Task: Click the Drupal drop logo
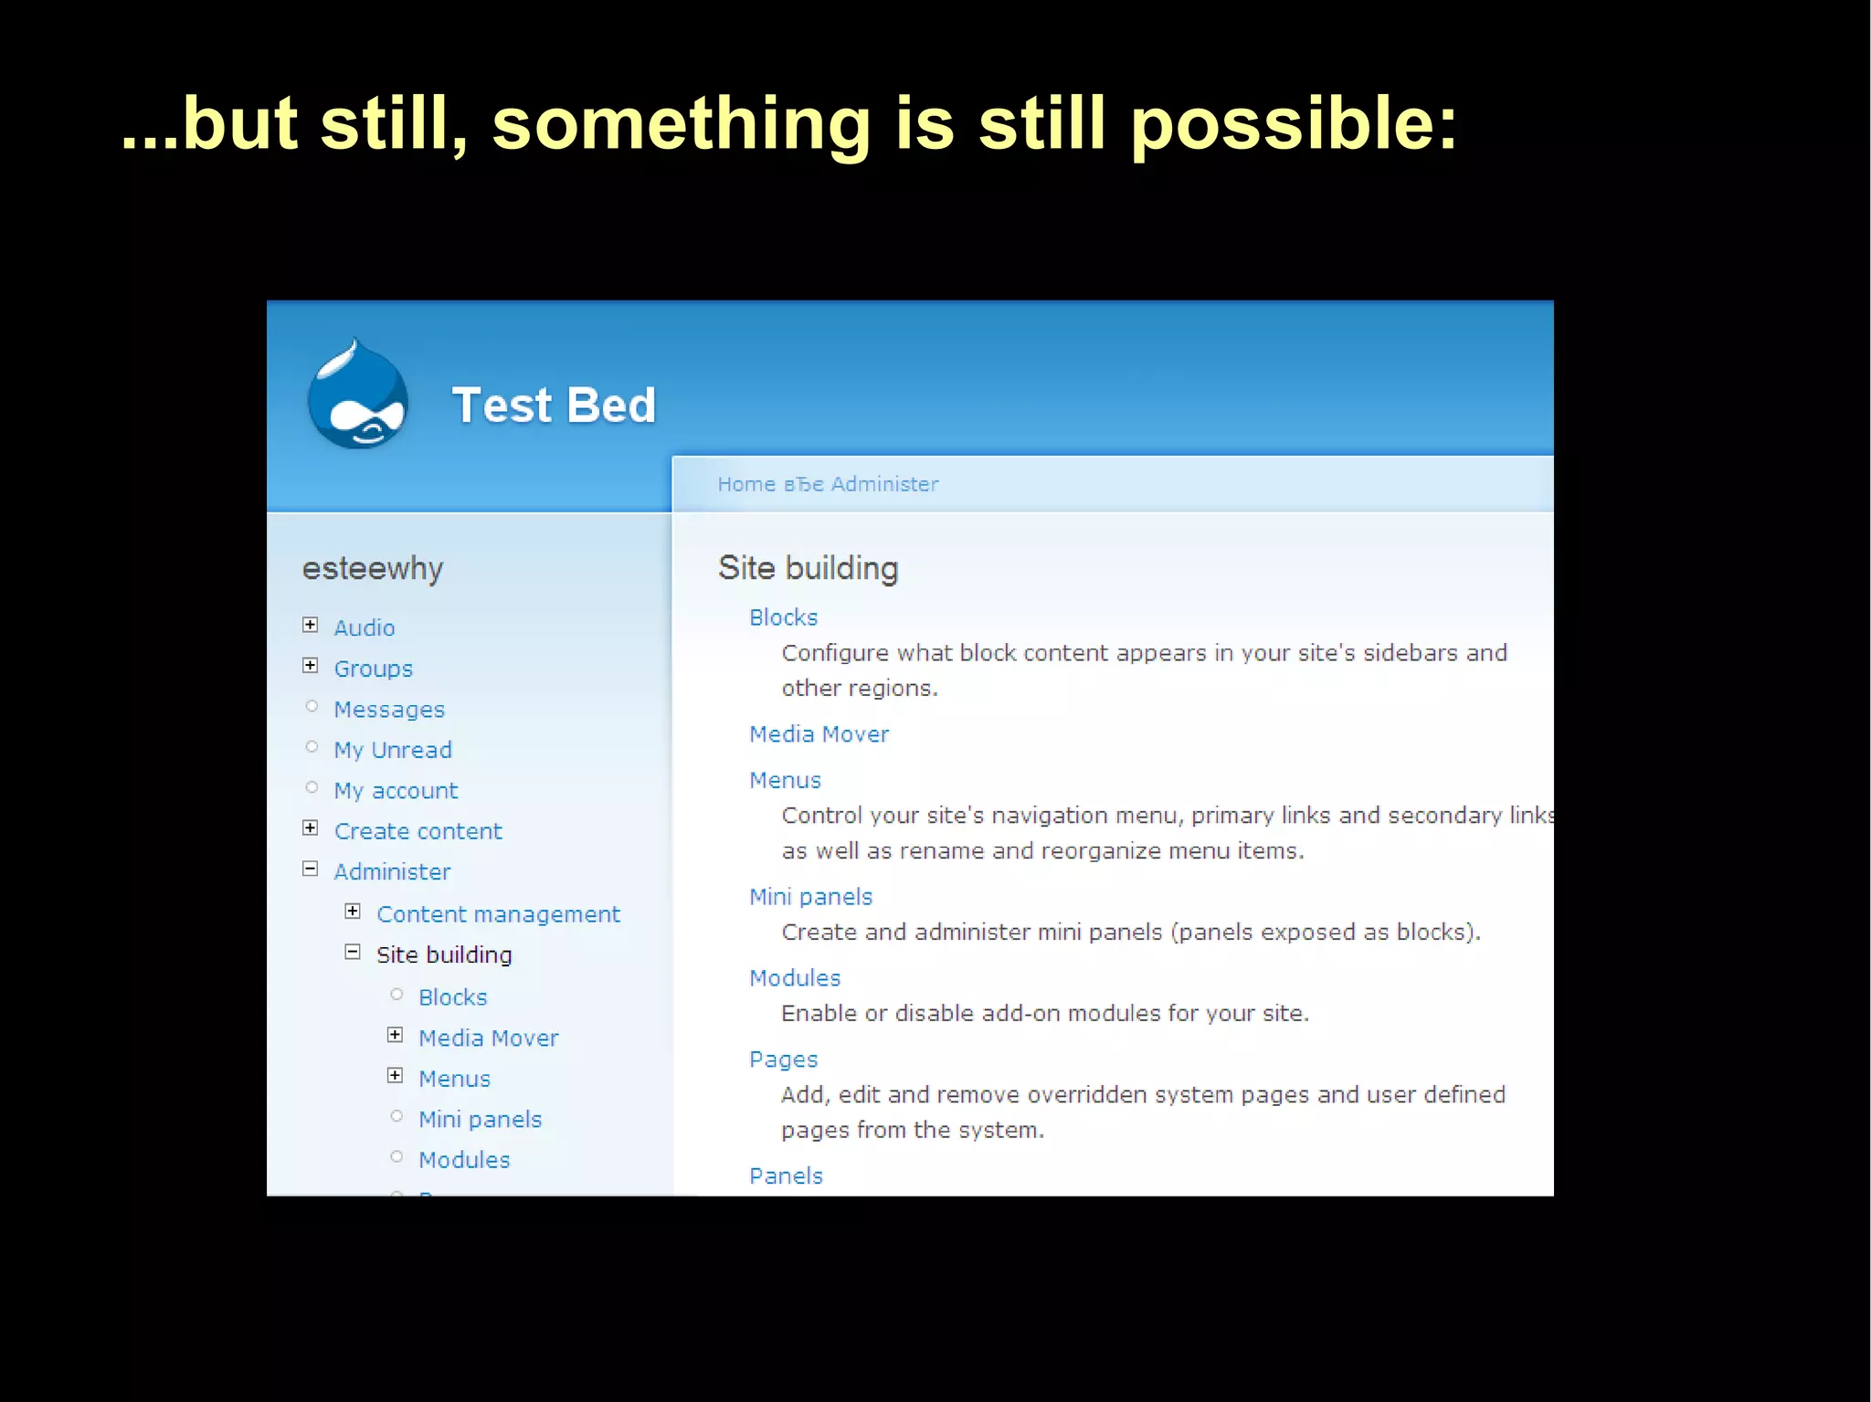point(357,395)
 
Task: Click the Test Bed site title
point(554,406)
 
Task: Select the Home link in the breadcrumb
point(745,484)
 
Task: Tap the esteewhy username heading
point(373,568)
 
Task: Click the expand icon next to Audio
point(311,626)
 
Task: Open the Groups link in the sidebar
point(373,669)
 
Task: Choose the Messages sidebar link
point(389,710)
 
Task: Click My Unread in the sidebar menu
point(393,750)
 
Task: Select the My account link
point(396,791)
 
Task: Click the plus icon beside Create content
point(311,828)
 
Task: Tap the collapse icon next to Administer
point(311,870)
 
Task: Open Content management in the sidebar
point(498,914)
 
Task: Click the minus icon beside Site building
point(353,953)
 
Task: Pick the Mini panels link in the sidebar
point(480,1120)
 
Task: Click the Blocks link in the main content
point(783,618)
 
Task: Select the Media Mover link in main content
point(819,734)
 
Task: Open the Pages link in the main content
point(783,1059)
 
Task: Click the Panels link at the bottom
point(786,1176)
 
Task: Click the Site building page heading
point(808,568)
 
